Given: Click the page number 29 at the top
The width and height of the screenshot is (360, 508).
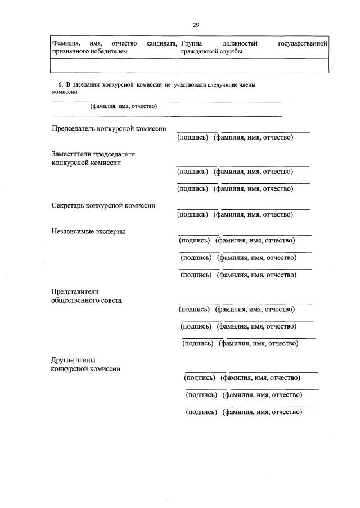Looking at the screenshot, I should [196, 25].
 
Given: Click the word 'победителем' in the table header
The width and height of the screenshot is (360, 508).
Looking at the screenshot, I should [109, 51].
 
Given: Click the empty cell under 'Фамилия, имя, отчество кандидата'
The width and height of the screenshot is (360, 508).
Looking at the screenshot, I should [114, 65].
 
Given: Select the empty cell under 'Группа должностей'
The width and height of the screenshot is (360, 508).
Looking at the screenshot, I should [253, 65].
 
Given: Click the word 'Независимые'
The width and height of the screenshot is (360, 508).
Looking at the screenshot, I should [72, 231].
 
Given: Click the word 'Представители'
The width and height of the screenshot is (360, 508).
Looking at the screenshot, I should [75, 291].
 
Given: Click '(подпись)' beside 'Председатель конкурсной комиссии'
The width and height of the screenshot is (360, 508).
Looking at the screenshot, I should [193, 137].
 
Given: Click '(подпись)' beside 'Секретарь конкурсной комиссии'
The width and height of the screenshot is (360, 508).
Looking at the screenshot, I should [193, 214].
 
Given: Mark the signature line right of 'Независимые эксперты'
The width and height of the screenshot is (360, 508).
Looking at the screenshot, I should [199, 235].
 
